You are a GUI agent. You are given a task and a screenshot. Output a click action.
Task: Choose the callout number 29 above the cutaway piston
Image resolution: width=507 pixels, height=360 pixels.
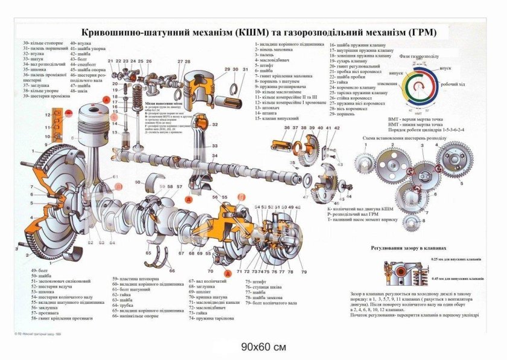click(226, 69)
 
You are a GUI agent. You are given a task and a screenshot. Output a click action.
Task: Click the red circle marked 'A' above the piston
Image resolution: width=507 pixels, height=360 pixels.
click(106, 98)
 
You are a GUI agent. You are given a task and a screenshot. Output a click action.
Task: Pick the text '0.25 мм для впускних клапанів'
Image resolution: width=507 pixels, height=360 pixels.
click(456, 260)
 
